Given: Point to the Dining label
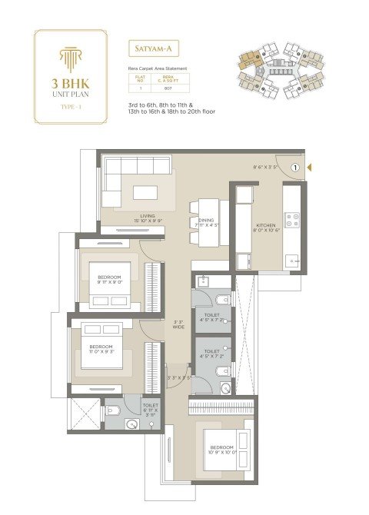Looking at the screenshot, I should click(x=206, y=222).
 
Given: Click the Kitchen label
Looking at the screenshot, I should click(x=264, y=226).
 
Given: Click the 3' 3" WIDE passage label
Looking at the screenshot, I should click(x=178, y=324).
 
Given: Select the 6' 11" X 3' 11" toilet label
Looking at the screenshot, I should click(x=150, y=409).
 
